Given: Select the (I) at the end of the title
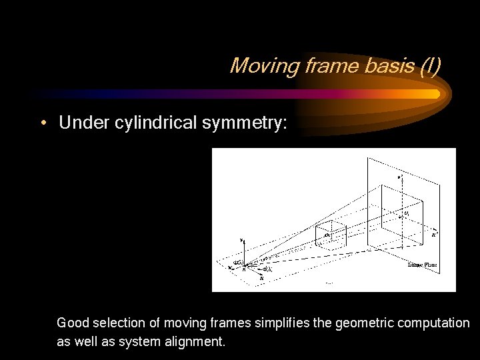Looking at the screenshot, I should [427, 65].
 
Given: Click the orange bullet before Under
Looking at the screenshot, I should [43, 123].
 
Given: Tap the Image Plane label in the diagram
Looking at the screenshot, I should [421, 265].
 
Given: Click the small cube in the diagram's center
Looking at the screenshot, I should [329, 235].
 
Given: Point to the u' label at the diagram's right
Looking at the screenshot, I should [435, 234].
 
